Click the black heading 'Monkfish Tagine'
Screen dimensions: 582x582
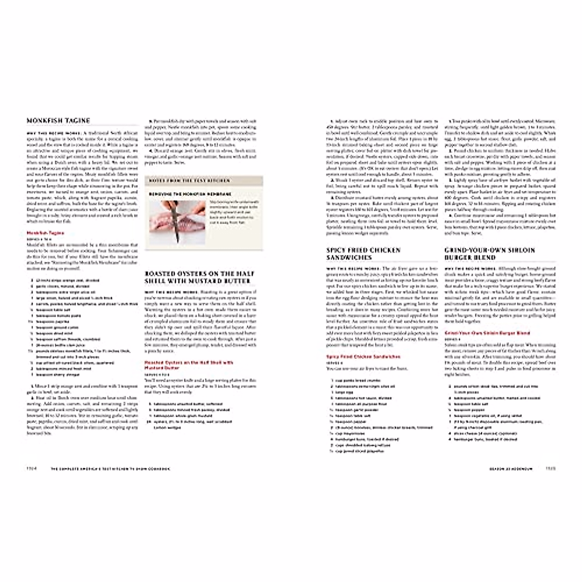click(x=58, y=121)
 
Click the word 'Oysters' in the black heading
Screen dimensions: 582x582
click(x=193, y=274)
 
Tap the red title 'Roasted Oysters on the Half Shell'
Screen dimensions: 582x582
click(x=189, y=362)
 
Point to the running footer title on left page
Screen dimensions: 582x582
click(x=112, y=469)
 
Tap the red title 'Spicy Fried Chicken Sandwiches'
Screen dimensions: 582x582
click(x=363, y=356)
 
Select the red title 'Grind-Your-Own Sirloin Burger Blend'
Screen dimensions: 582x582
click(x=487, y=333)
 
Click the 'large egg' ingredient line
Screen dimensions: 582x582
click(x=341, y=392)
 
